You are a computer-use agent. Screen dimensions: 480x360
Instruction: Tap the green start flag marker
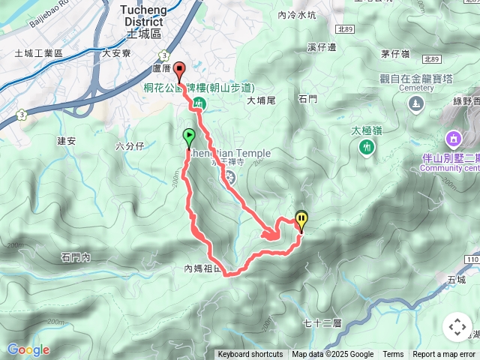click(189, 136)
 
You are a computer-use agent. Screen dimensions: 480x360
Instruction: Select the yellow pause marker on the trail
click(301, 219)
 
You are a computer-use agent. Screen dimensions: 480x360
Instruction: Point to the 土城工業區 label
click(38, 54)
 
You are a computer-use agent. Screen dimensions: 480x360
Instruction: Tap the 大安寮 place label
click(116, 53)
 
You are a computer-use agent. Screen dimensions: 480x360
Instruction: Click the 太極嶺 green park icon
click(366, 147)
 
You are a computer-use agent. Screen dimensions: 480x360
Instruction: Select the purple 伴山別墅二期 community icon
click(453, 139)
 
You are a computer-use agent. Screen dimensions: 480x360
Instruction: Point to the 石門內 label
click(76, 257)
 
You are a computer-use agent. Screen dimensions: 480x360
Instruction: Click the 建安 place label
click(67, 140)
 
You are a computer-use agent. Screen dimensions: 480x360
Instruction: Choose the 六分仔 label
click(130, 146)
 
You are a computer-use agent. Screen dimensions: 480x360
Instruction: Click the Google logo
click(28, 349)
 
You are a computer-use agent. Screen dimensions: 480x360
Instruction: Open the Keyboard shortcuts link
click(250, 355)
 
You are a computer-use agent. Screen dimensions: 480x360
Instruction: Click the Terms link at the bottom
click(393, 355)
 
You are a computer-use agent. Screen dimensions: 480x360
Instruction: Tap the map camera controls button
click(457, 327)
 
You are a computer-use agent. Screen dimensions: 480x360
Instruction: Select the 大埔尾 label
click(262, 99)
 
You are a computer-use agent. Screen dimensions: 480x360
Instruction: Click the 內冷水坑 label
click(297, 14)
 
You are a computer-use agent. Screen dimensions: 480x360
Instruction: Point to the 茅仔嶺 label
click(394, 53)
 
